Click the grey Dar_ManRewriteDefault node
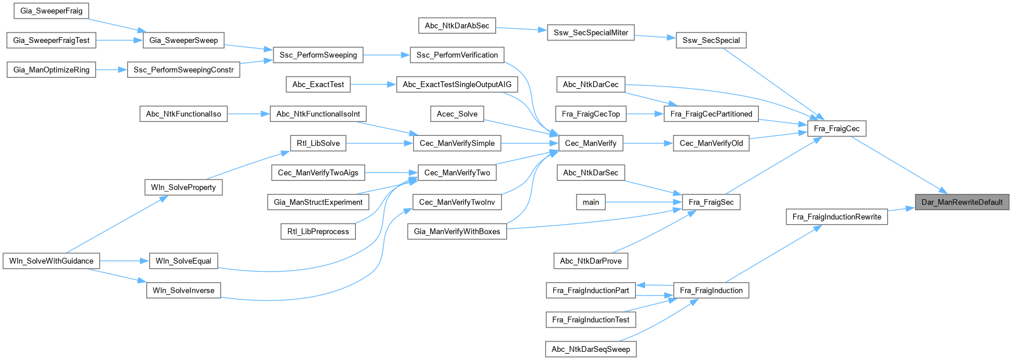point(962,202)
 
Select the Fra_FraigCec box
point(836,128)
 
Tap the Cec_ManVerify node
point(590,143)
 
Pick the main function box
point(590,202)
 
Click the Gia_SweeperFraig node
point(51,10)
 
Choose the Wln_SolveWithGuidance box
point(51,261)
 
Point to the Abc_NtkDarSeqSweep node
point(590,349)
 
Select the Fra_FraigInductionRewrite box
point(836,217)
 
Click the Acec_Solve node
point(457,114)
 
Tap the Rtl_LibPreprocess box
point(318,231)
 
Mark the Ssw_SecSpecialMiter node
point(590,33)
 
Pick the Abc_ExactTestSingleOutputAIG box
point(457,84)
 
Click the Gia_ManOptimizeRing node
point(51,70)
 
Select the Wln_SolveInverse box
point(183,290)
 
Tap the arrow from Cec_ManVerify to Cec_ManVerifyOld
point(647,143)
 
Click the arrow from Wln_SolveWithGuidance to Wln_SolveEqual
point(124,261)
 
